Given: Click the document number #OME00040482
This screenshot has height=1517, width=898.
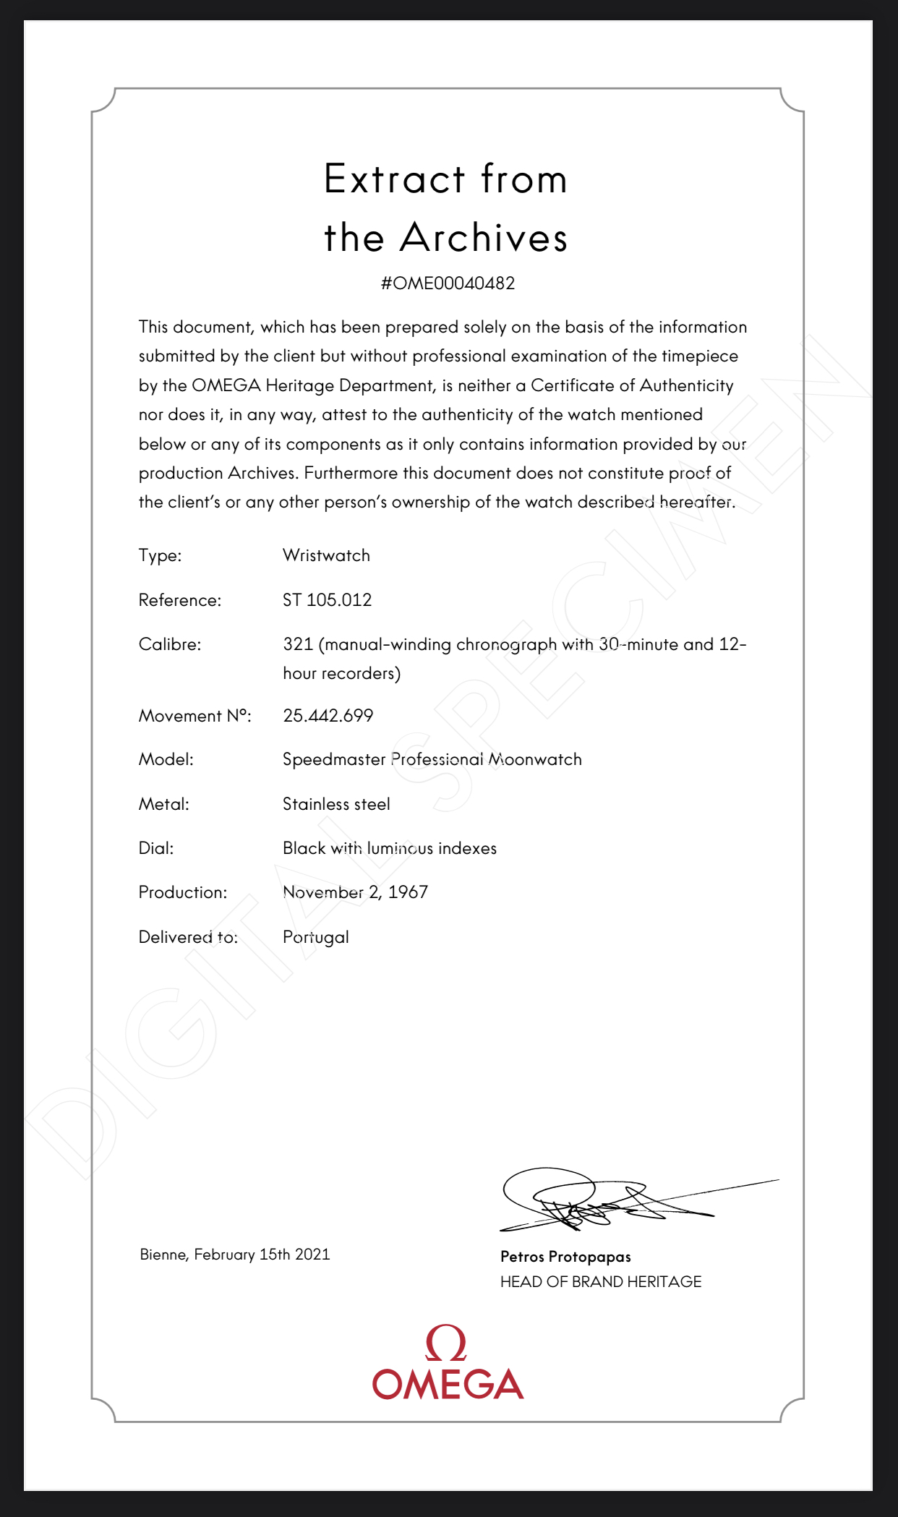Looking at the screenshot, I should (448, 283).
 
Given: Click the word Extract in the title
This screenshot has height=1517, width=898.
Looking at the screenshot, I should (394, 179).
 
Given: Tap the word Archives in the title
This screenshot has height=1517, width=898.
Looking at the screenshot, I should (483, 238).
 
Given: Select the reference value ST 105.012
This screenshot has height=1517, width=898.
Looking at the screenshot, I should (327, 600).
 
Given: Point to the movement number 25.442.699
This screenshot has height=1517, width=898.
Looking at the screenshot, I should (328, 716).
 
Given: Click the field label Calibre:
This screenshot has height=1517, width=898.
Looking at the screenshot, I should (170, 644).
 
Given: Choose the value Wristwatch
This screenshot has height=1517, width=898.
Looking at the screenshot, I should (326, 555).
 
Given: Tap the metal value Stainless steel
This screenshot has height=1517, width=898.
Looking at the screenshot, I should (336, 804).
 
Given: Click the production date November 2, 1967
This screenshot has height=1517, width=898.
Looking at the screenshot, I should (355, 892).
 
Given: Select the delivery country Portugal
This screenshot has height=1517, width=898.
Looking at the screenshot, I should (316, 937).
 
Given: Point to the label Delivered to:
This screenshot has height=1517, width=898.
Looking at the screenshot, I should (188, 937).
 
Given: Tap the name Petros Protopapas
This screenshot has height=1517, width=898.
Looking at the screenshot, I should (565, 1257).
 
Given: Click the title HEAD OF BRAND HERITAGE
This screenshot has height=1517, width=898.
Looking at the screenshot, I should (600, 1282).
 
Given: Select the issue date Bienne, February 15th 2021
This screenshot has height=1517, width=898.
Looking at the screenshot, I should (235, 1255).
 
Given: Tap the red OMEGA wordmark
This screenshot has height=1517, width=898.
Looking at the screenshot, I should (448, 1384).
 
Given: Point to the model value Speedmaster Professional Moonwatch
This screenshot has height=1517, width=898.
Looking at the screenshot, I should (432, 760).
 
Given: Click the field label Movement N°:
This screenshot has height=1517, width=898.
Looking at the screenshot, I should (194, 716).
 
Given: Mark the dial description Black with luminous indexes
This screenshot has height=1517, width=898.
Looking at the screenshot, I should (389, 848).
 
